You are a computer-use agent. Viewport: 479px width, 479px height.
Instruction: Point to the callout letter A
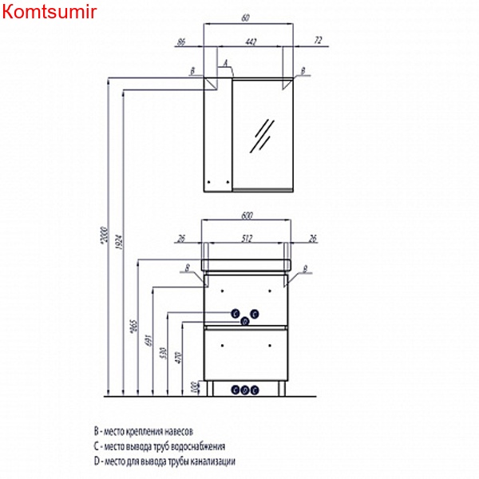click(226, 61)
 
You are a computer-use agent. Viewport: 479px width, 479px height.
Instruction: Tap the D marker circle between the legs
click(245, 390)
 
